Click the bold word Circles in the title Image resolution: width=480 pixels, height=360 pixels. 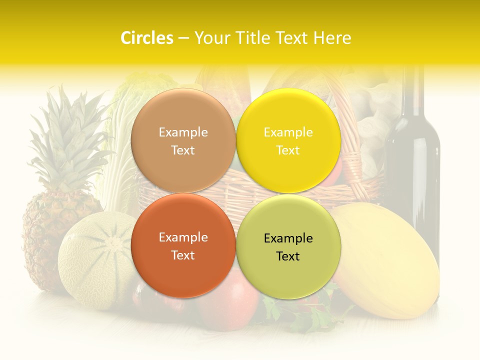[146, 38]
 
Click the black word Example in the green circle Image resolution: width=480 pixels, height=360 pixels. [288, 238]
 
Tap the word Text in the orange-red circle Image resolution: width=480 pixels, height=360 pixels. [183, 255]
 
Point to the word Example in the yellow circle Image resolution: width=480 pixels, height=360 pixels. [288, 132]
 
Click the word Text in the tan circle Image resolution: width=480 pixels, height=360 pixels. [183, 150]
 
